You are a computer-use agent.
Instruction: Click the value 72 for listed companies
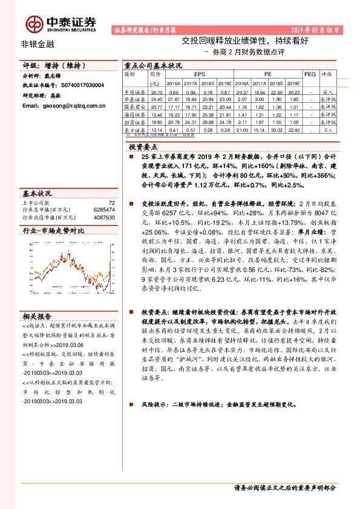[111, 203]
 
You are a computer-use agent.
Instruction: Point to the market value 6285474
[104, 210]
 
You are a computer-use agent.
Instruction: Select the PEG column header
[310, 74]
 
